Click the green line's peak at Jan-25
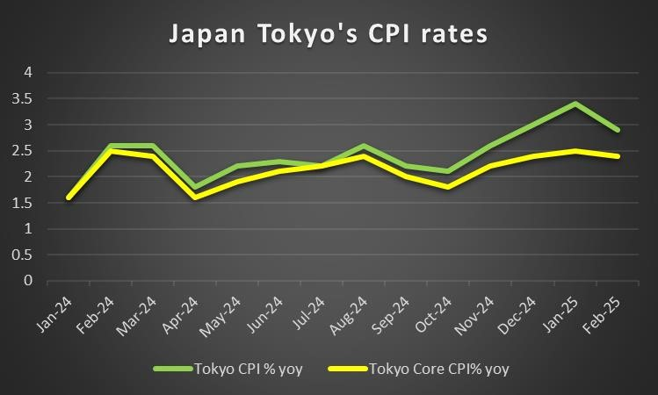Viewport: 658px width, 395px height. tap(575, 104)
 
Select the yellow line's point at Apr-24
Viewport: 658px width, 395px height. tap(195, 197)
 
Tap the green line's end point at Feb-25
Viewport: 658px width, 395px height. tap(618, 130)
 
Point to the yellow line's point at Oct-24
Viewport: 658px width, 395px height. tap(449, 187)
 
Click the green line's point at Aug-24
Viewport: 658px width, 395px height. tap(364, 146)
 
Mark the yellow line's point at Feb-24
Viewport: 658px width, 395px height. tap(111, 151)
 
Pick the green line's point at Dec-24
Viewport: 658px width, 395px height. tap(533, 125)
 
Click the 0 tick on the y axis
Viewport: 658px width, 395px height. tap(28, 281)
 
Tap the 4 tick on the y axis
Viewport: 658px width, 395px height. tap(28, 73)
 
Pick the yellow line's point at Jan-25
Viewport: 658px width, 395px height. tap(575, 151)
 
